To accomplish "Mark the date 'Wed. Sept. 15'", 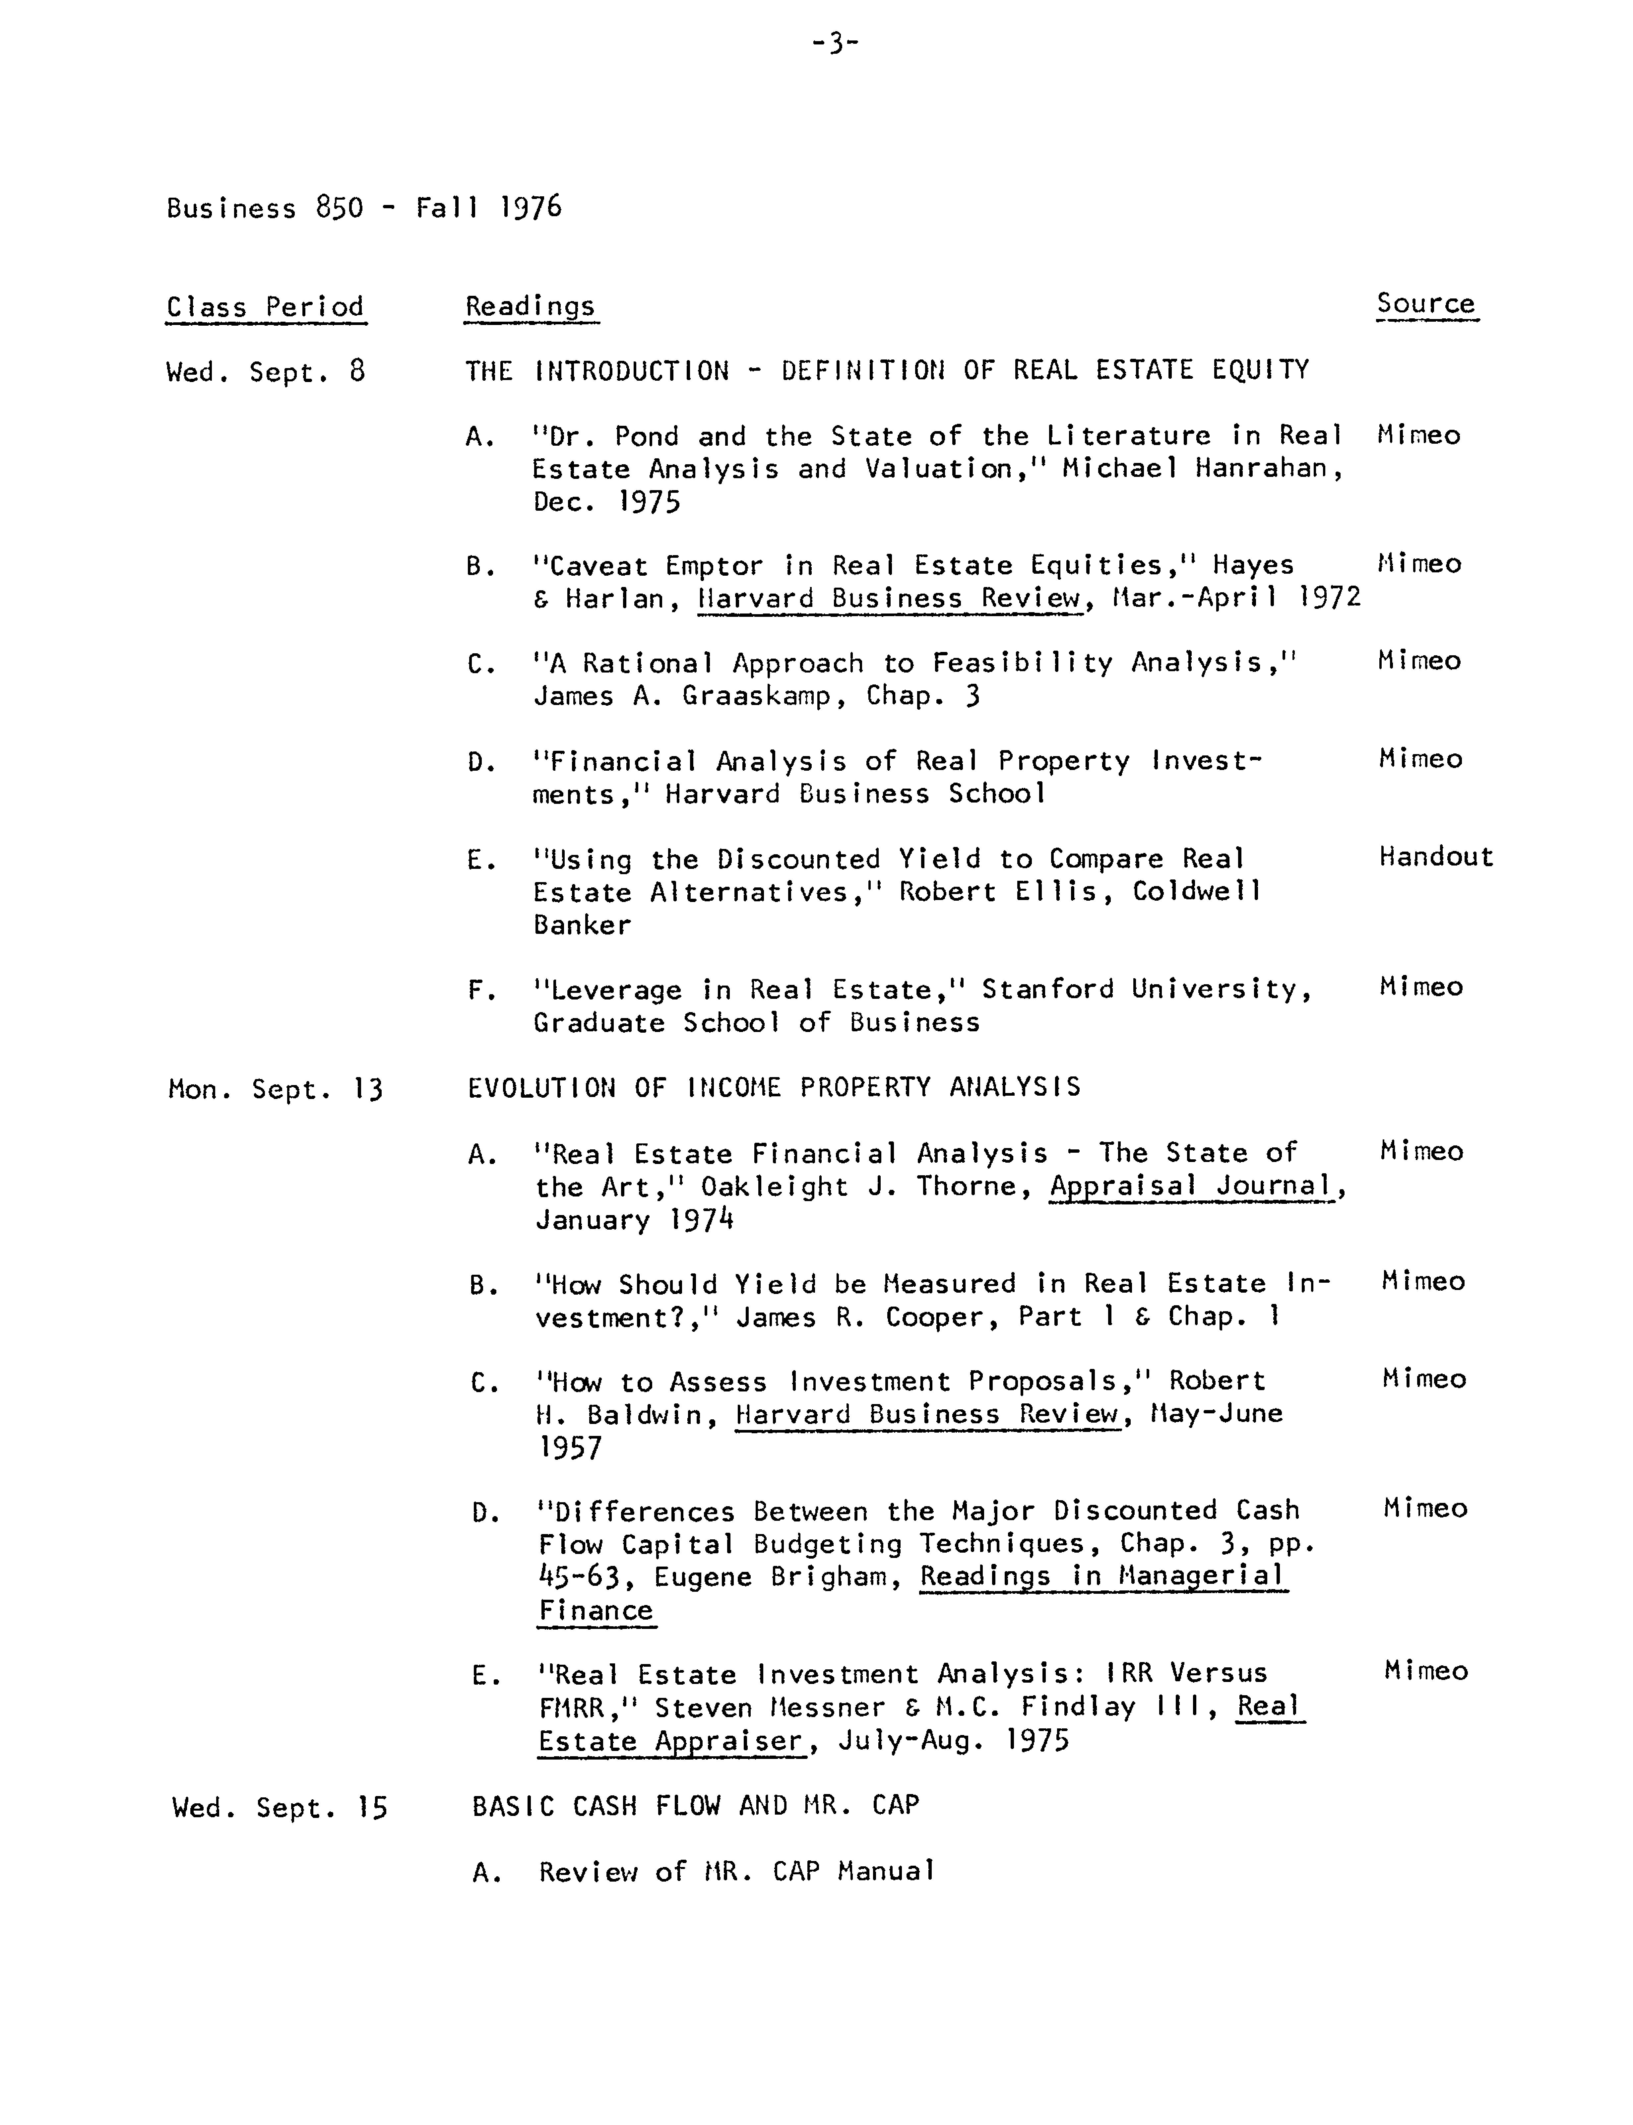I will click(279, 1807).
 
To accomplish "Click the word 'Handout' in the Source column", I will click(1435, 857).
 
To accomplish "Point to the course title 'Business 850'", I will click(264, 208).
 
